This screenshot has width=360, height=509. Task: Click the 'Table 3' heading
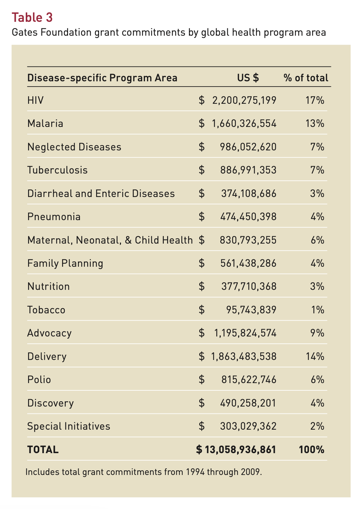(x=32, y=18)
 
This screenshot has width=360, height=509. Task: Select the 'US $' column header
(x=248, y=78)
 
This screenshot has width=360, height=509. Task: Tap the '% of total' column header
(x=306, y=78)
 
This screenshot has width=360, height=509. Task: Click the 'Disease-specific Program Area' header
(x=102, y=78)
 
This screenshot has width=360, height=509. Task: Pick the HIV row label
(x=35, y=100)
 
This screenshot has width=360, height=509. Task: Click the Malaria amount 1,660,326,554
(x=244, y=124)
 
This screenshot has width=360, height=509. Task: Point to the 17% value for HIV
(x=315, y=100)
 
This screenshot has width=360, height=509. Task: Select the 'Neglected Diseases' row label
(x=74, y=147)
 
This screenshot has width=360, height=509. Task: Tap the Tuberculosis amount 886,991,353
(x=248, y=170)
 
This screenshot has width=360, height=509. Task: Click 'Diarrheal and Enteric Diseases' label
(x=101, y=193)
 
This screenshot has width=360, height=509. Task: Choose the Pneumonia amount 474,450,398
(x=248, y=216)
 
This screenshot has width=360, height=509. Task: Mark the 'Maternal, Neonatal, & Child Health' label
(x=110, y=240)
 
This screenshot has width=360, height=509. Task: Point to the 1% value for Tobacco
(x=318, y=310)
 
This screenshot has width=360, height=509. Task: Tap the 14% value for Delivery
(x=315, y=356)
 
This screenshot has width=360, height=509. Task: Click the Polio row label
(x=39, y=380)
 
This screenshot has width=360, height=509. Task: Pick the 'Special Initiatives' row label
(x=69, y=426)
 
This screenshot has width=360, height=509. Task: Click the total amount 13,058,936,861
(x=240, y=450)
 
